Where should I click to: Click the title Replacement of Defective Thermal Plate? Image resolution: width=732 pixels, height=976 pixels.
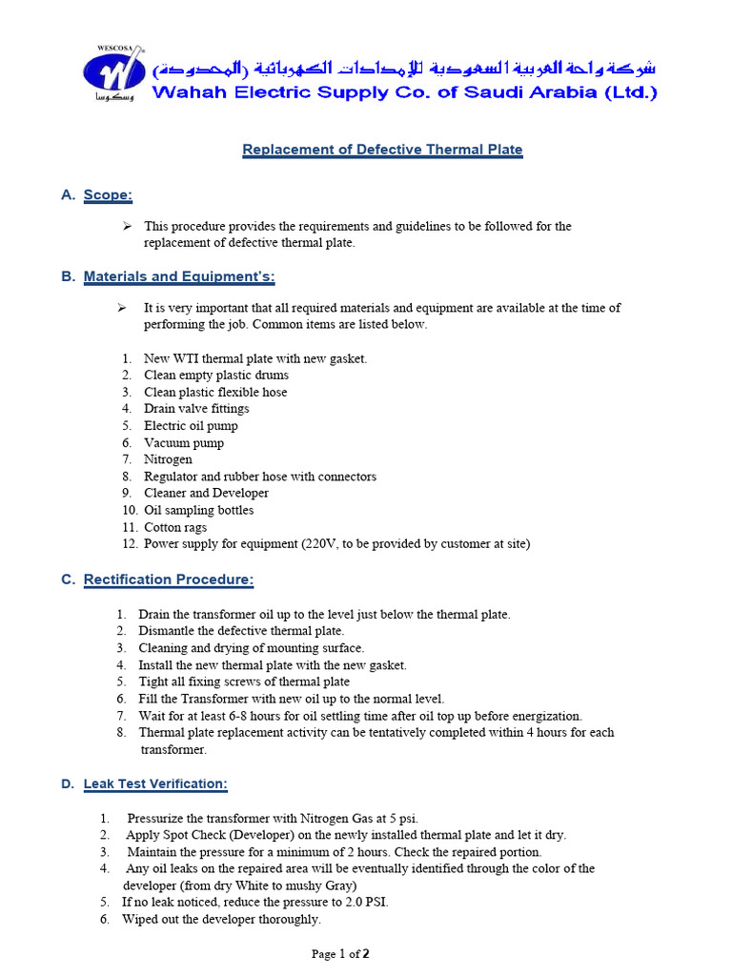click(x=382, y=150)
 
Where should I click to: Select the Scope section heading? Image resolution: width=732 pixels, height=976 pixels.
click(x=108, y=195)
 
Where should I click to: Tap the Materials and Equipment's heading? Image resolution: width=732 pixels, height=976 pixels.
click(x=179, y=277)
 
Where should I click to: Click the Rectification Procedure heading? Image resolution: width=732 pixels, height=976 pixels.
click(x=169, y=579)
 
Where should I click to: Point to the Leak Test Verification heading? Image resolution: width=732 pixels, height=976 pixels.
click(x=155, y=784)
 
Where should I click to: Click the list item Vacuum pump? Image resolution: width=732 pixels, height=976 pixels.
click(x=184, y=443)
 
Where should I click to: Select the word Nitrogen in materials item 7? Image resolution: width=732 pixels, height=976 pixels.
click(x=168, y=459)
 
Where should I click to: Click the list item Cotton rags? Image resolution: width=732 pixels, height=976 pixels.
click(x=175, y=527)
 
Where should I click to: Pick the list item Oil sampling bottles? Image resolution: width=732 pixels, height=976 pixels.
click(x=198, y=510)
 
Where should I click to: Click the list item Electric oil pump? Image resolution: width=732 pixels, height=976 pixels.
click(x=191, y=426)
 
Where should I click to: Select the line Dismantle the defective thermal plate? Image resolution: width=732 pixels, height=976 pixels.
click(x=241, y=631)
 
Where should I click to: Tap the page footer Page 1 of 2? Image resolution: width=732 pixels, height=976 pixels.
click(x=340, y=953)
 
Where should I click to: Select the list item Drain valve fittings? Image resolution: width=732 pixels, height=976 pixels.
click(x=196, y=409)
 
